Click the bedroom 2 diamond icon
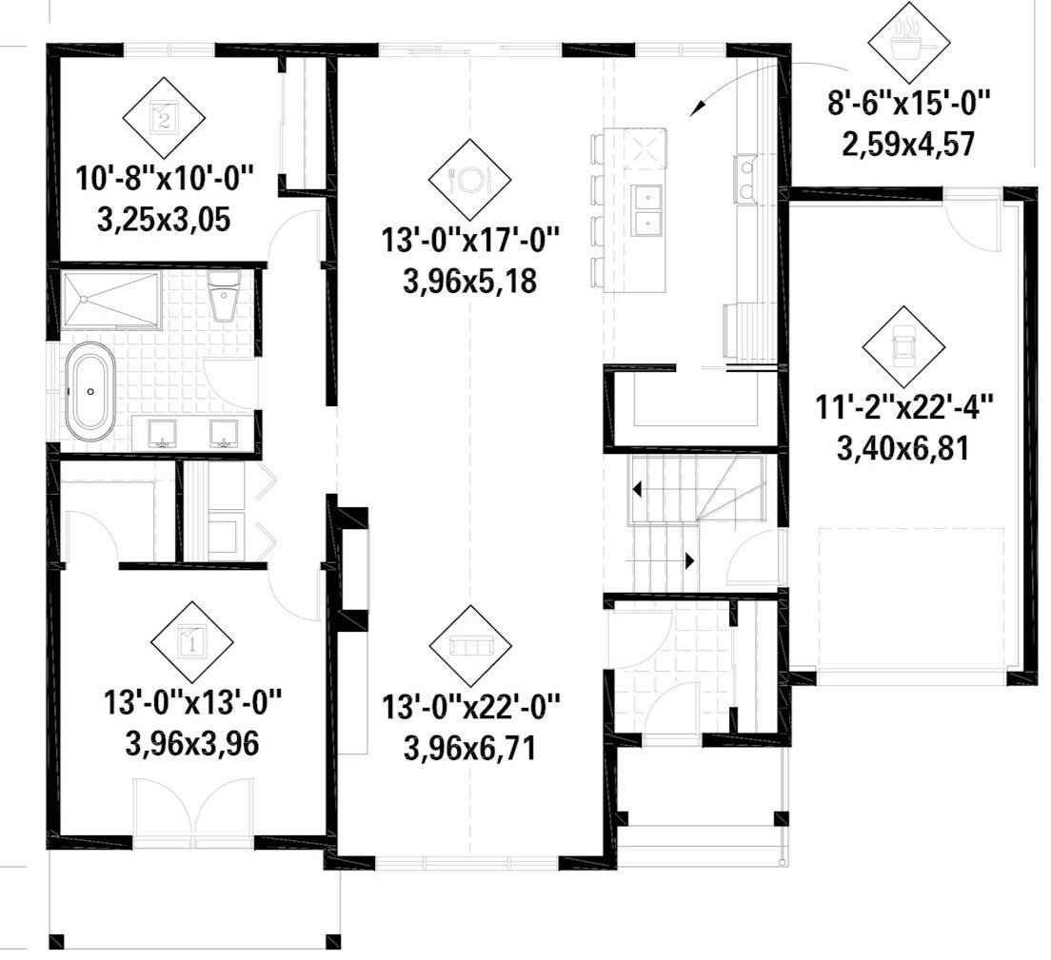(x=164, y=118)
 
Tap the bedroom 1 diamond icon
(x=192, y=641)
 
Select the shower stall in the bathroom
(x=109, y=298)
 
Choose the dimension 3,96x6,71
(x=470, y=747)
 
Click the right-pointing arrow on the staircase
(x=687, y=561)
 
